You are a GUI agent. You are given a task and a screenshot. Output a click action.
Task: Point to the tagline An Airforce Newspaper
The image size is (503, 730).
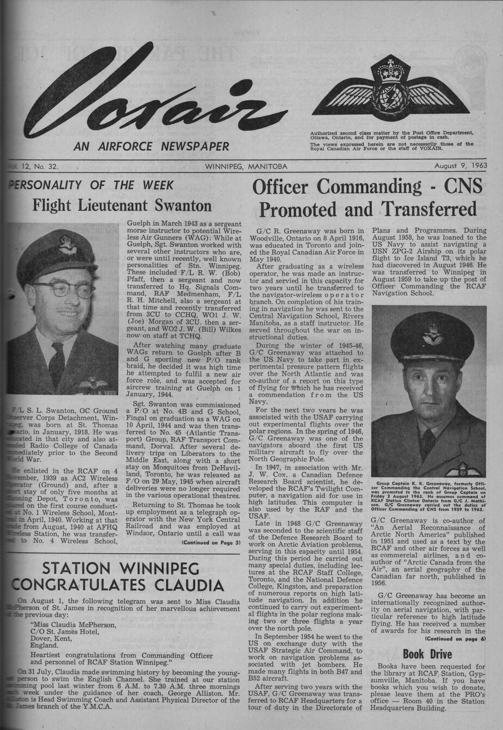pyautogui.click(x=151, y=146)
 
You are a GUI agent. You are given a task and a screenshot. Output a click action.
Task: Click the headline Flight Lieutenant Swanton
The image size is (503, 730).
pyautogui.click(x=122, y=205)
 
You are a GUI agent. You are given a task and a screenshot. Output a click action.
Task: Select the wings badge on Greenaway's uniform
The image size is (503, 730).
pyautogui.click(x=463, y=470)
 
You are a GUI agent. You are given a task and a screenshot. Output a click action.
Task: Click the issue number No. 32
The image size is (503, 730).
pyautogui.click(x=45, y=166)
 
